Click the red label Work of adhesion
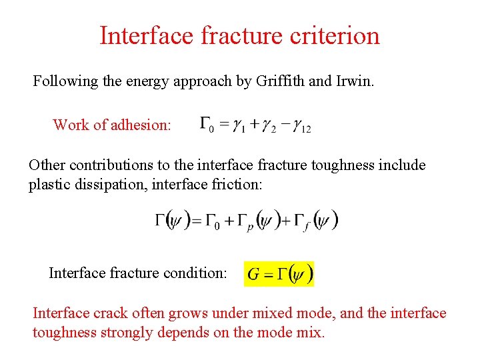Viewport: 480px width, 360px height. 111,125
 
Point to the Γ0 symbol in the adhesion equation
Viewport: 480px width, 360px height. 207,125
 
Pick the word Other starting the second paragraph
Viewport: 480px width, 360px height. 47,165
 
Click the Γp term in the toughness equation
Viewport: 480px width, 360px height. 250,221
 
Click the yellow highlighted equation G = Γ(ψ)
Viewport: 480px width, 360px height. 279,273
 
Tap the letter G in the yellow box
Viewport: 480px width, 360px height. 254,274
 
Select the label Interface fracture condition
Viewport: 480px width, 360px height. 138,273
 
